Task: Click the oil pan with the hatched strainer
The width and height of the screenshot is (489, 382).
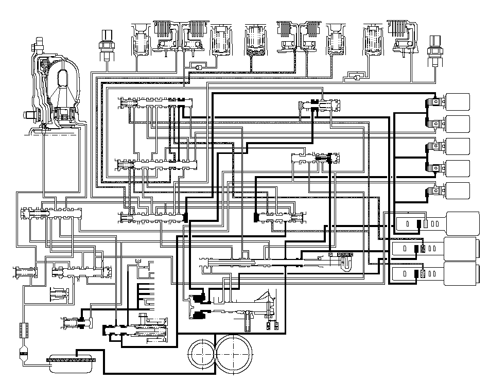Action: (71, 363)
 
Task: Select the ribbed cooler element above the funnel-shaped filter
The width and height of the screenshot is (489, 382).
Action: (22, 329)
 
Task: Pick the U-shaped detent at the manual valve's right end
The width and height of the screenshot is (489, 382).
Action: (346, 264)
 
